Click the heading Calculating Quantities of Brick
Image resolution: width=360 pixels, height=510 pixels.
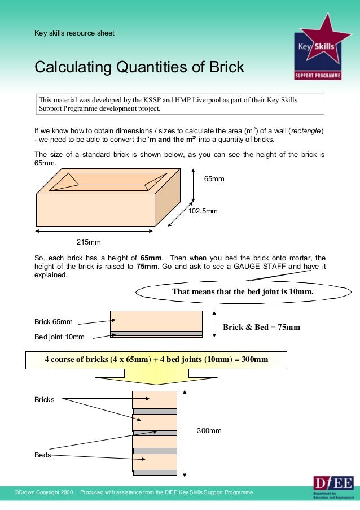pyautogui.click(x=139, y=67)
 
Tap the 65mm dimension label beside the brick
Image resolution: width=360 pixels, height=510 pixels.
pyautogui.click(x=214, y=179)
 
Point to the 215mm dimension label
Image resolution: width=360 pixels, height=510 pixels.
pyautogui.click(x=89, y=242)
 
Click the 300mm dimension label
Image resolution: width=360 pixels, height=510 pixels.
pyautogui.click(x=209, y=431)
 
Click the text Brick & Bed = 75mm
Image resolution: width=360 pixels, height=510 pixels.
pyautogui.click(x=261, y=327)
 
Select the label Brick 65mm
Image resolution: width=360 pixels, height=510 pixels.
pyautogui.click(x=54, y=322)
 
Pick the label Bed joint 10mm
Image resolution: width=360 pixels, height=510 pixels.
pyautogui.click(x=59, y=337)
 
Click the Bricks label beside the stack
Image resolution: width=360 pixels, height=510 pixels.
pyautogui.click(x=45, y=400)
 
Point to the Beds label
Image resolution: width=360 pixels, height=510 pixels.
pyautogui.click(x=43, y=455)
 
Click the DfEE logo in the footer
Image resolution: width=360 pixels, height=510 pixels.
pyautogui.click(x=333, y=486)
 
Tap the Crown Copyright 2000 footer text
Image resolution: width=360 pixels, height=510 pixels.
pyautogui.click(x=43, y=492)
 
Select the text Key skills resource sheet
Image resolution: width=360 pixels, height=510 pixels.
pyautogui.click(x=74, y=33)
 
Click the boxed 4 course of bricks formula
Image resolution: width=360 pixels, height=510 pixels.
pyautogui.click(x=156, y=360)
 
